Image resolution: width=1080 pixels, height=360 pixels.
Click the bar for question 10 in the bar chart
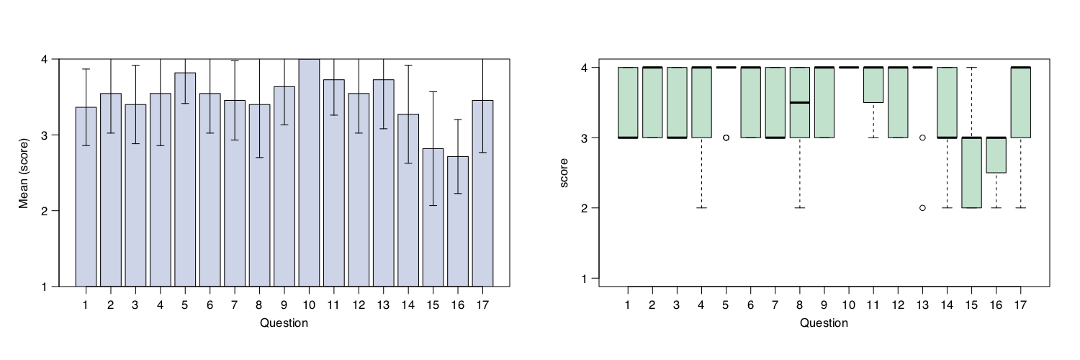pyautogui.click(x=309, y=173)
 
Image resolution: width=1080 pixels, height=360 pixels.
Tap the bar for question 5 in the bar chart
pyautogui.click(x=185, y=179)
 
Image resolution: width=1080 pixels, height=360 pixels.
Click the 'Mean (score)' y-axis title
pyautogui.click(x=23, y=173)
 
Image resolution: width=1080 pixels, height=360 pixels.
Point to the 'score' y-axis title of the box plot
pyautogui.click(x=564, y=173)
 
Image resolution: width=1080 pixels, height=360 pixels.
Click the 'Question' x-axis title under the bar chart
pyautogui.click(x=284, y=323)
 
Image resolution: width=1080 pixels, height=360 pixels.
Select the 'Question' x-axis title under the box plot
pyautogui.click(x=824, y=323)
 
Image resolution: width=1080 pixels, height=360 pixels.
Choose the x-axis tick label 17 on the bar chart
pyautogui.click(x=482, y=305)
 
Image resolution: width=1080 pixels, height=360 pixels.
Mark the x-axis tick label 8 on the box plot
pyautogui.click(x=799, y=305)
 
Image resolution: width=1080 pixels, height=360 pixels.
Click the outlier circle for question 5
pyautogui.click(x=726, y=138)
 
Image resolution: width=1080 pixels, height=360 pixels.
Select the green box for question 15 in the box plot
pyautogui.click(x=971, y=173)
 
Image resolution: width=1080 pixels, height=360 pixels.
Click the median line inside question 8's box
pyautogui.click(x=799, y=102)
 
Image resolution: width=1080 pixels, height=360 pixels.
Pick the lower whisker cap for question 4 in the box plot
pyautogui.click(x=701, y=208)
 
